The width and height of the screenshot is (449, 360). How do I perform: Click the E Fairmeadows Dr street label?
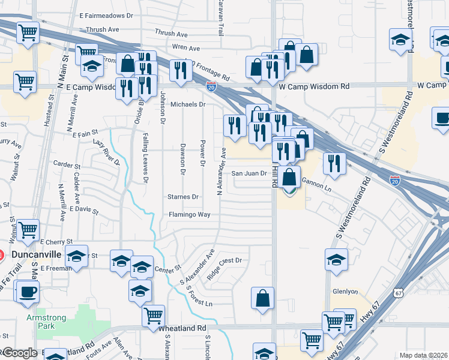[x=106, y=15]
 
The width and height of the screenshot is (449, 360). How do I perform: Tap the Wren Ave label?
[x=185, y=47]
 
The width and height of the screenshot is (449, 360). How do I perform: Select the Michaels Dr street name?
[x=188, y=104]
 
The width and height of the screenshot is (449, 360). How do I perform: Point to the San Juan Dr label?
[x=249, y=173]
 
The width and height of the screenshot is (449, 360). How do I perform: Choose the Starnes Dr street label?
[x=183, y=197]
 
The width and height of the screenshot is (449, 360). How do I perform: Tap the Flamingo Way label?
[x=189, y=214]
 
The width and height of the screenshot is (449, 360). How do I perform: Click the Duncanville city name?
[x=37, y=254]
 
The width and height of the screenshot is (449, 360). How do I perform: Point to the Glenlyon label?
[x=345, y=292]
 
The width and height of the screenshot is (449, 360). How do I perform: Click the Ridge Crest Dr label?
[x=224, y=260]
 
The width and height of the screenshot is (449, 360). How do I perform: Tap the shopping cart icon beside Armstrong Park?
[x=154, y=314]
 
